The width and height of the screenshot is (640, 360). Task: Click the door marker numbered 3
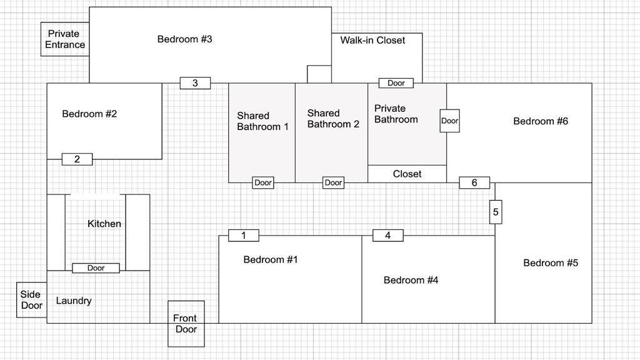coord(195,82)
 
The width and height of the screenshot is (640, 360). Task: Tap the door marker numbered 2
coord(77,159)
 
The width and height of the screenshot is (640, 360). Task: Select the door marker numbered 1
coord(244,236)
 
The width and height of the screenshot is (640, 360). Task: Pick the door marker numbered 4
coord(388,236)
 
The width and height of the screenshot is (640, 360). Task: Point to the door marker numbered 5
coord(496,212)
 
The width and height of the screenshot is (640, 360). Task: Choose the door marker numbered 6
coord(474,182)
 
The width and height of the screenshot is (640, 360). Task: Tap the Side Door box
coord(31,299)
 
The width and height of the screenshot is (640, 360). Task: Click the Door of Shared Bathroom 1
coord(263,182)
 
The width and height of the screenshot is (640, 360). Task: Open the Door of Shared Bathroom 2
coord(333,182)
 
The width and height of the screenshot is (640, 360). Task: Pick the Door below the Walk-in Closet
coord(396,83)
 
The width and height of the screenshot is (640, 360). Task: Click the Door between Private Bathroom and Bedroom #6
coord(450,121)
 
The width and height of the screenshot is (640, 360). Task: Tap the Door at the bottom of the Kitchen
coord(96,268)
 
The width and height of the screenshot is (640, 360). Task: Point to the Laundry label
coord(74,301)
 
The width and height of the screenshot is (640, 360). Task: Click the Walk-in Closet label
coord(372,40)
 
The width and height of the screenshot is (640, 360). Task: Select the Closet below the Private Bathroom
coord(407,174)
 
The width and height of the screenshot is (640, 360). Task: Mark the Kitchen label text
coord(104,224)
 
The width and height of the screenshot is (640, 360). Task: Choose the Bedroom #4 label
coord(411,280)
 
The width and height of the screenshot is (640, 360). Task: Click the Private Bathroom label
coord(396,114)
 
